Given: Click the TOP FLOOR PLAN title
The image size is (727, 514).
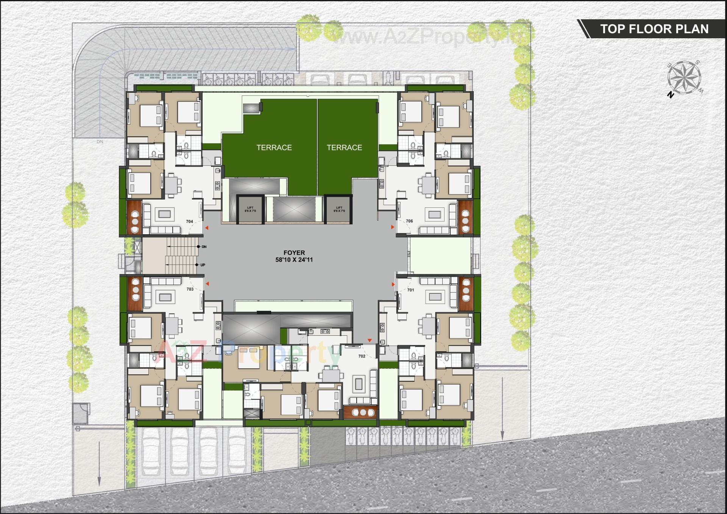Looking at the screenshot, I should point(654,29).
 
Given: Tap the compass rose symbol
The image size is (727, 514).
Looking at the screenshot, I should point(684,78).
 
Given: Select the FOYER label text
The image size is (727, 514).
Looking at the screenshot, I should point(294,252).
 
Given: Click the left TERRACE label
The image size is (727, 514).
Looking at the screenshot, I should point(274,148).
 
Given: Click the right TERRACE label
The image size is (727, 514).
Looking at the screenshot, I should point(344,148).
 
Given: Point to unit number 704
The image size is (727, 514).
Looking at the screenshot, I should point(189,221).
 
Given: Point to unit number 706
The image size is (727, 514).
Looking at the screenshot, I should point(409,221).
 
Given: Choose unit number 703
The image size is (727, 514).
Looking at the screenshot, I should point(190,289).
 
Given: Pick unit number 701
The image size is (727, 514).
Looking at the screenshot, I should point(410,290).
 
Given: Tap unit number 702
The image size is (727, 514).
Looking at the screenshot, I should point(362,356).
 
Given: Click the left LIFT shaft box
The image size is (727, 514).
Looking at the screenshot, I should point(250,209).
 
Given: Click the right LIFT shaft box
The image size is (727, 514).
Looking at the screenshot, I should point(339,209).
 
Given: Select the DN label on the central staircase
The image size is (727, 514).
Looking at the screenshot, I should point(204,247).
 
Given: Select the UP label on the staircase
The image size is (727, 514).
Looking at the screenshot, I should point(203,265).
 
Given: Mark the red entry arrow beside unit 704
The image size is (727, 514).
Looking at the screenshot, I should point(207,227).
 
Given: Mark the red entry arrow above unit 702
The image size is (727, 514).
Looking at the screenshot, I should point(370,341).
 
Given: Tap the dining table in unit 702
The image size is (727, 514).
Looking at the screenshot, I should point(331,375).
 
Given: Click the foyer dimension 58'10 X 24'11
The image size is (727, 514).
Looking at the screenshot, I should point(294,260).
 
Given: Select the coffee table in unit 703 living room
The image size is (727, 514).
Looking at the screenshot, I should point(165,297).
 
